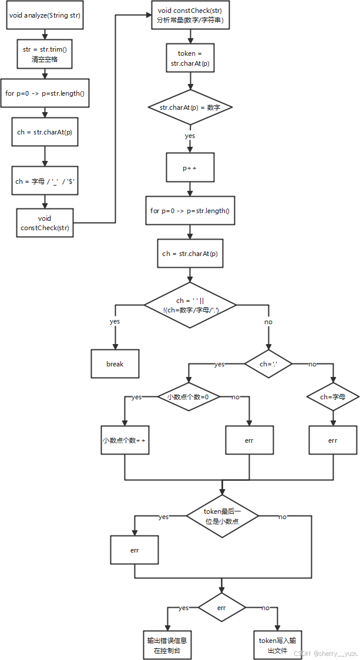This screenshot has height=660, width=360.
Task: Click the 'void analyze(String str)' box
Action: (x=45, y=15)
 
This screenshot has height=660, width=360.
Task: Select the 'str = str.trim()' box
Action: (x=45, y=54)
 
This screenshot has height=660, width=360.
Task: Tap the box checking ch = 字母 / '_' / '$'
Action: (x=45, y=181)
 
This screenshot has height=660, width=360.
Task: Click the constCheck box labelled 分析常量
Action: (x=190, y=15)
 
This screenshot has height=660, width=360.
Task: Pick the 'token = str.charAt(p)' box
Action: (x=190, y=58)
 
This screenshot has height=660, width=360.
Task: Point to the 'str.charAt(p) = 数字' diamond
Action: (x=190, y=107)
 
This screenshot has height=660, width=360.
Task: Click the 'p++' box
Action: (x=190, y=167)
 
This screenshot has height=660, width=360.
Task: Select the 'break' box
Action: (x=115, y=364)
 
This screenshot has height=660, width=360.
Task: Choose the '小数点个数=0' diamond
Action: (x=189, y=397)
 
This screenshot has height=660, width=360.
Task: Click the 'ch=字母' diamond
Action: (x=332, y=397)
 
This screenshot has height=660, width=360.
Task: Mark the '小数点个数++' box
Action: (x=125, y=440)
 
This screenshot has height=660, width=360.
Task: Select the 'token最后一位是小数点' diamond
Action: (x=222, y=516)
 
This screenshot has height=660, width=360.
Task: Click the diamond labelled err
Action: (x=221, y=608)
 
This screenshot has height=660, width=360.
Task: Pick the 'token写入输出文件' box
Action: (x=277, y=645)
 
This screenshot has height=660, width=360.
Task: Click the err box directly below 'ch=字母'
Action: (x=333, y=440)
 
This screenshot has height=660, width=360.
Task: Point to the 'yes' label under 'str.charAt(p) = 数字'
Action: (x=190, y=136)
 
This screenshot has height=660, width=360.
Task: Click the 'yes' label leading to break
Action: (x=115, y=322)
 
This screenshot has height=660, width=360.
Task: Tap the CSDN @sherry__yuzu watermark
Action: (x=326, y=652)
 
